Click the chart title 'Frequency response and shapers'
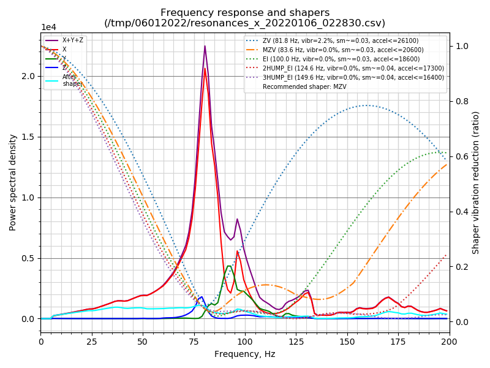pos(245,13)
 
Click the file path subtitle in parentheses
pos(245,23)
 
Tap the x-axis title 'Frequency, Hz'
pos(245,354)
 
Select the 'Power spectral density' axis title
pos(13,182)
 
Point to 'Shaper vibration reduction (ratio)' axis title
pos(476,182)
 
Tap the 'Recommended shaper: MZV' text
pos(300,86)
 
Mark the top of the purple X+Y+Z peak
pos(205,46)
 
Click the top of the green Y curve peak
pos(228,266)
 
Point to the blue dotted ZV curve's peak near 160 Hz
pos(366,105)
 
